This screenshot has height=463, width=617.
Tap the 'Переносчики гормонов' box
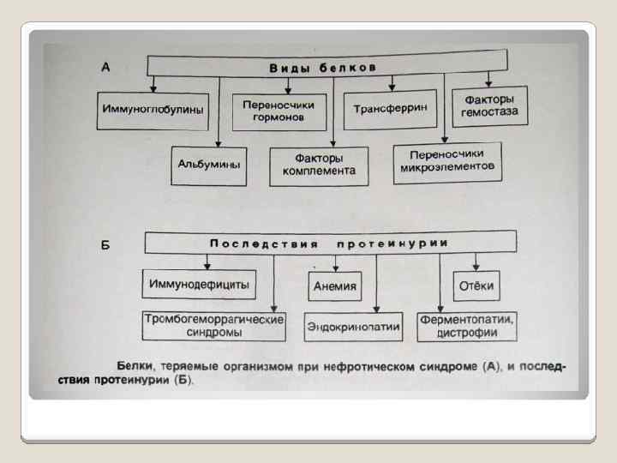point(279,111)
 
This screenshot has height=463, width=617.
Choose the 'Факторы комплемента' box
point(319,165)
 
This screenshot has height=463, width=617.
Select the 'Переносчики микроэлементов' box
point(446,160)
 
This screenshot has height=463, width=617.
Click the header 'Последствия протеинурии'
point(329,244)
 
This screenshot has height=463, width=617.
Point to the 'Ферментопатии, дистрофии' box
point(466,324)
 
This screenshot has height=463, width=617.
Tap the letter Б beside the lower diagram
point(105,245)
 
